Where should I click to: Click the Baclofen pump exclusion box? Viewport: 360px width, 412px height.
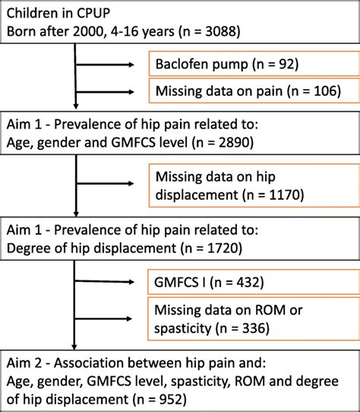tap(254, 63)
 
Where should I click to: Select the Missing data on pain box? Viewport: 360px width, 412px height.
tap(254, 92)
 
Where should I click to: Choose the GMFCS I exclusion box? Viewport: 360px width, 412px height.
tap(254, 283)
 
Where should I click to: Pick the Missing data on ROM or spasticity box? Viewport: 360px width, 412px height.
tap(254, 319)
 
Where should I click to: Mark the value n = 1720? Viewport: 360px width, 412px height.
tap(220, 246)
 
